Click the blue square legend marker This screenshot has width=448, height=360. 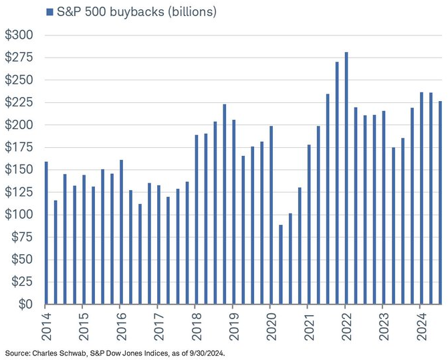click(x=49, y=12)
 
